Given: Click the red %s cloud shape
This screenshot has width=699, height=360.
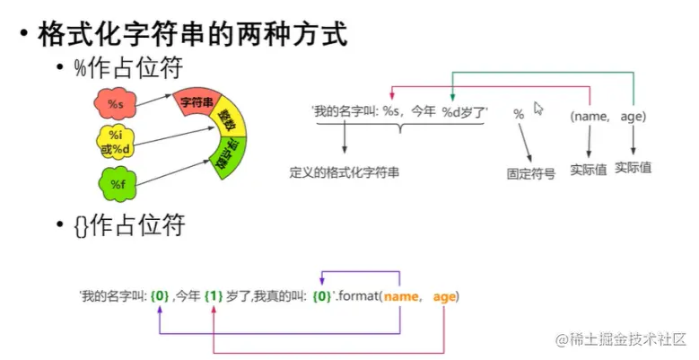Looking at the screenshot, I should click(116, 105).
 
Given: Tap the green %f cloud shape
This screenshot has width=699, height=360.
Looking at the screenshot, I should click(117, 185).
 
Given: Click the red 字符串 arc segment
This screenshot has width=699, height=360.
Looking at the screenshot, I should click(195, 104).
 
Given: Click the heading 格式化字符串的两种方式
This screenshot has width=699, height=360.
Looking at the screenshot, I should click(192, 35).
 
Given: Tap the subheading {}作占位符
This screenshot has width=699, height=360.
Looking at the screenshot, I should click(134, 225).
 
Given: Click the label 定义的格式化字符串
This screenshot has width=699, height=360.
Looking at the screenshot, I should click(345, 171).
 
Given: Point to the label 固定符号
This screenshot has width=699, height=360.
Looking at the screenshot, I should click(530, 173).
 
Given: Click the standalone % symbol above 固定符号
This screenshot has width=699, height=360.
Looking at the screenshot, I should click(518, 114).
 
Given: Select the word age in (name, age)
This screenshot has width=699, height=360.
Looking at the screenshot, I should click(633, 116).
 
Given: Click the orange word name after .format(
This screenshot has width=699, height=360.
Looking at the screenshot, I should click(401, 296).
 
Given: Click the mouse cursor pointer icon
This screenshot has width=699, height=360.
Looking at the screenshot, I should click(539, 109).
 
